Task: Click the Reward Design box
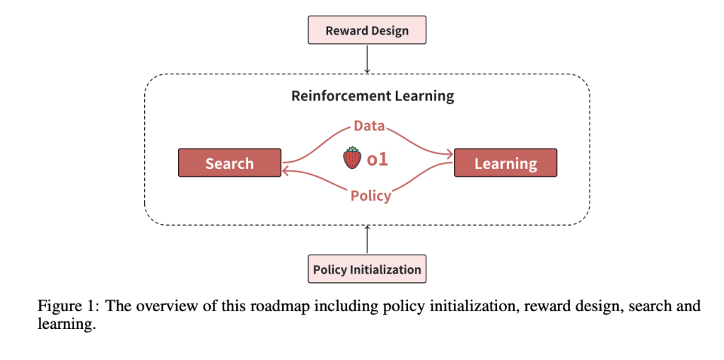pyautogui.click(x=367, y=30)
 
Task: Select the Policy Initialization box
pyautogui.click(x=367, y=269)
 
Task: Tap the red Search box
pyautogui.click(x=229, y=163)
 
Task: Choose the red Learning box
pyautogui.click(x=505, y=163)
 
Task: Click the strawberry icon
pyautogui.click(x=352, y=158)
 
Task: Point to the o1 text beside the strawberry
pyautogui.click(x=377, y=159)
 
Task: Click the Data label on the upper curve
pyautogui.click(x=369, y=127)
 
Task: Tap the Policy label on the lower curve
pyautogui.click(x=370, y=196)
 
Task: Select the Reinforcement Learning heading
pyautogui.click(x=373, y=95)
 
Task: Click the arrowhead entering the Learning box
pyautogui.click(x=448, y=153)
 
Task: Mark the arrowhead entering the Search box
pyautogui.click(x=287, y=169)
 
